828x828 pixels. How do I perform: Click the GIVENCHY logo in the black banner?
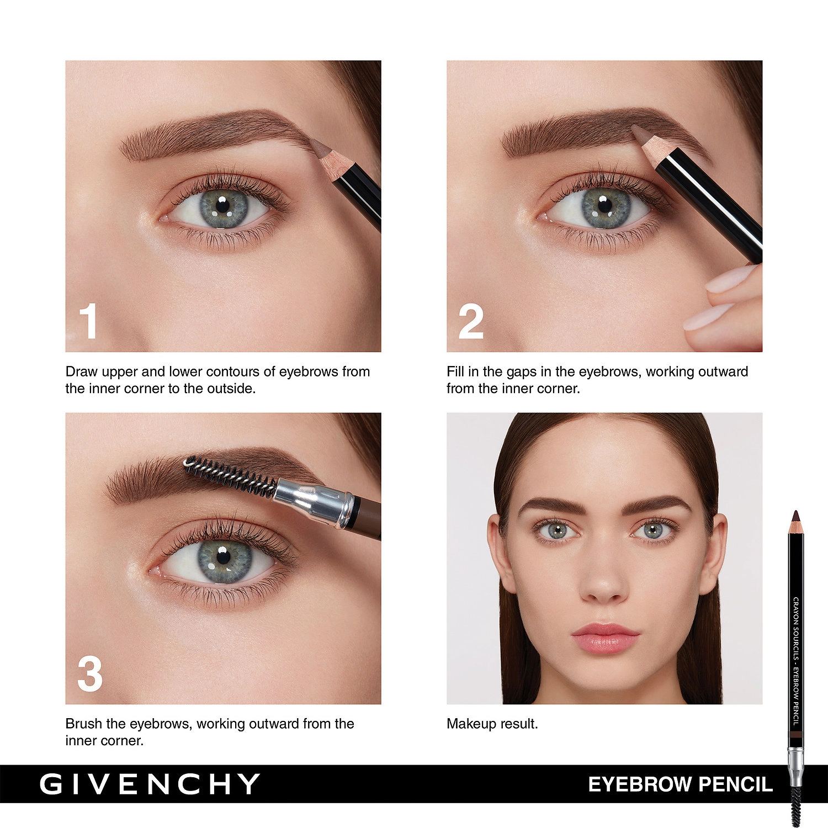(x=150, y=784)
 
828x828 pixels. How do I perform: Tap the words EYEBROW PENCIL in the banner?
(x=680, y=784)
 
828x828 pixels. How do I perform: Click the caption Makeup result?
(x=492, y=724)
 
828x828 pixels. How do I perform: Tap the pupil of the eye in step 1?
(x=222, y=206)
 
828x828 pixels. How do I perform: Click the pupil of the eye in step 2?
(x=605, y=205)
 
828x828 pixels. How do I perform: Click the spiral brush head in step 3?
(x=230, y=475)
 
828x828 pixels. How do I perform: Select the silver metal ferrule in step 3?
(x=314, y=501)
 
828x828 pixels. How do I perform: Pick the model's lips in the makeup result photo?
(x=606, y=638)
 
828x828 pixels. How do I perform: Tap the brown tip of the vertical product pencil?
(x=795, y=517)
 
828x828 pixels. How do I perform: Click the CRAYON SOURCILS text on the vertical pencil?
(x=796, y=629)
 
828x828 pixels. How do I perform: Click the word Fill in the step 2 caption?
(x=455, y=371)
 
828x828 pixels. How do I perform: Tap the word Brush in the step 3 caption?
(x=84, y=724)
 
